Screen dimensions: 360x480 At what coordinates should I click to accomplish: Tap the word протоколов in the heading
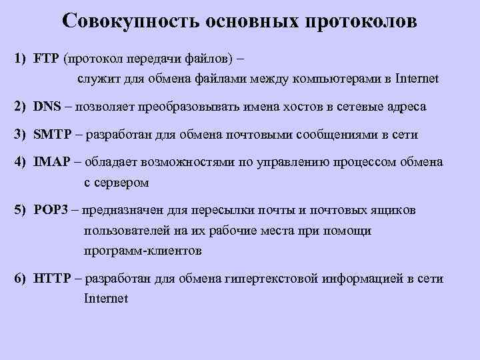361,21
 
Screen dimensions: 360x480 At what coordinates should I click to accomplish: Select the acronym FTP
46,59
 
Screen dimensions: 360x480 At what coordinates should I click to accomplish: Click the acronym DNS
47,106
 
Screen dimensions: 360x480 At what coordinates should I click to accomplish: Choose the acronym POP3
51,210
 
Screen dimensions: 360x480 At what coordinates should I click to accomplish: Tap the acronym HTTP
52,279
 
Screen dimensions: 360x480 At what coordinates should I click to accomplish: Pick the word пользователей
124,231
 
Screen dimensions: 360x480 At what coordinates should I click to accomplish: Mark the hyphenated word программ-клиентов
142,252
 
